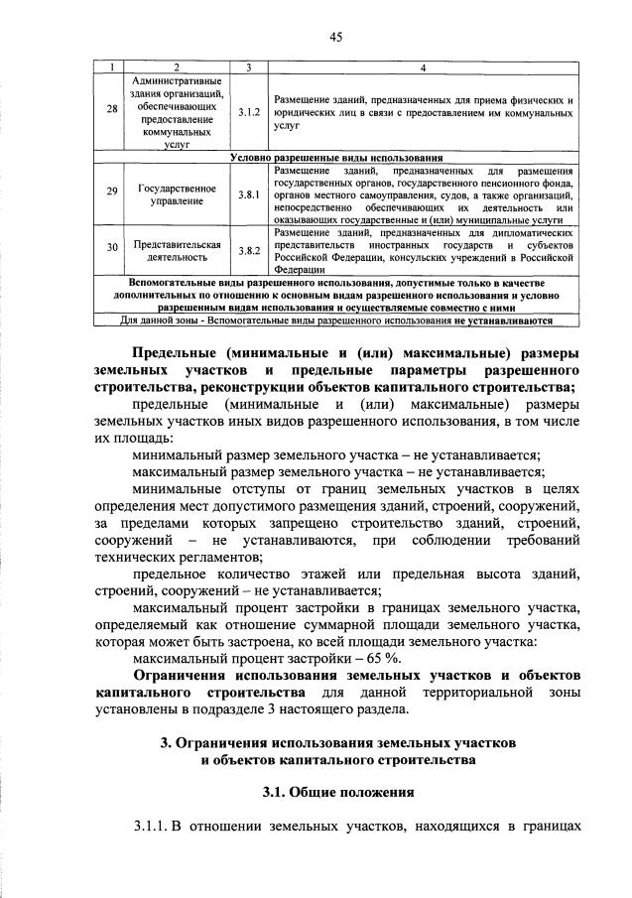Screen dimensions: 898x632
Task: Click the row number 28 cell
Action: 111,111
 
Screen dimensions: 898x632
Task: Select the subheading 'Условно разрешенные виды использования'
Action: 335,158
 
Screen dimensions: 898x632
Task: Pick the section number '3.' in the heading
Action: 166,741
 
